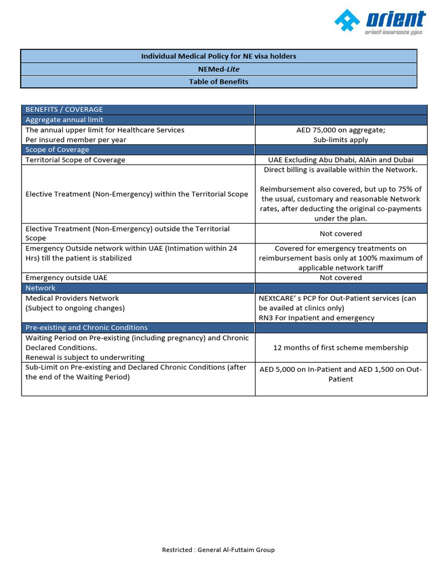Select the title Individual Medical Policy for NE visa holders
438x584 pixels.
pyautogui.click(x=219, y=56)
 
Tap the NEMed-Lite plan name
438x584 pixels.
pyautogui.click(x=219, y=69)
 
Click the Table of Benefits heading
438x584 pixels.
pyautogui.click(x=219, y=82)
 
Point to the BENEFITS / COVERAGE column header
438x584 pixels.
pyautogui.click(x=64, y=109)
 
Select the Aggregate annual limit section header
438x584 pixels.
pyautogui.click(x=64, y=120)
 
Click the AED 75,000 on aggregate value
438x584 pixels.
pyautogui.click(x=340, y=130)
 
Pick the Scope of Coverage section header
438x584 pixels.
pyautogui.click(x=57, y=149)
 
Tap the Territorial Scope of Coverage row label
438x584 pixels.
pyautogui.click(x=75, y=160)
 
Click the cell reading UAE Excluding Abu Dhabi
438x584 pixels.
pyautogui.click(x=340, y=160)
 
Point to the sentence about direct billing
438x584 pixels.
pyautogui.click(x=340, y=169)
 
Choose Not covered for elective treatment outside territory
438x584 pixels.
pyautogui.click(x=340, y=233)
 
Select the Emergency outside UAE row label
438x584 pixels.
pyautogui.click(x=66, y=278)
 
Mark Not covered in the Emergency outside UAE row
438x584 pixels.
pyautogui.click(x=340, y=278)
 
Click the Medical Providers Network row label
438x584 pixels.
pyautogui.click(x=72, y=298)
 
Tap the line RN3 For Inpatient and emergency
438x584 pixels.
pyautogui.click(x=317, y=318)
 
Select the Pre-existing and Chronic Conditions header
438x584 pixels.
pyautogui.click(x=86, y=327)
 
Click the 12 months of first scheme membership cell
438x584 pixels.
pyautogui.click(x=340, y=347)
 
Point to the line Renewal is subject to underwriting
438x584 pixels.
pyautogui.click(x=85, y=358)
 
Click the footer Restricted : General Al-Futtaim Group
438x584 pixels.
pyautogui.click(x=218, y=550)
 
